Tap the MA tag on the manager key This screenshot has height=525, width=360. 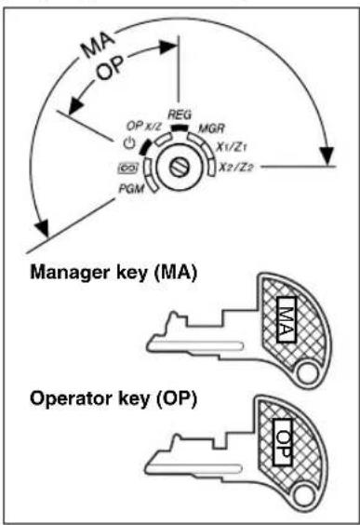coord(286,318)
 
